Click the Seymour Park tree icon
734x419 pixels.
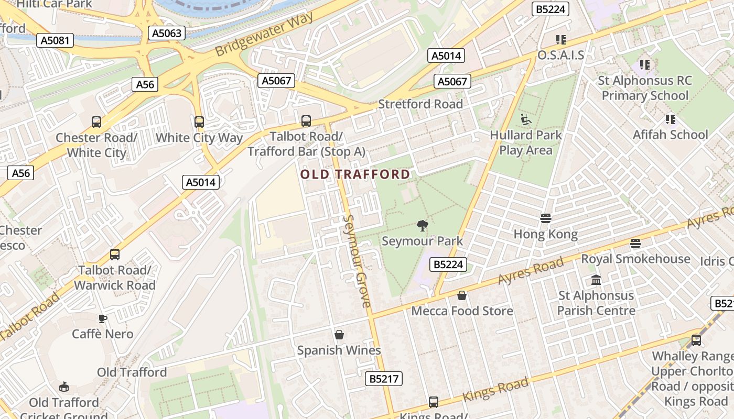[422, 226]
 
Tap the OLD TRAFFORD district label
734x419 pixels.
[355, 174]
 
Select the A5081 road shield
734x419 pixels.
[55, 40]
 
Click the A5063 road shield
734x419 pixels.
[167, 34]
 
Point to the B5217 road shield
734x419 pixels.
[383, 379]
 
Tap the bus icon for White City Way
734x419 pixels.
[199, 122]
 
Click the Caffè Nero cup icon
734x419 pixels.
[103, 318]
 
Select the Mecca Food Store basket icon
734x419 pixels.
[462, 296]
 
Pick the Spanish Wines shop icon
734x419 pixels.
[339, 335]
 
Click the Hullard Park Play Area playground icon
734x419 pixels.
[525, 119]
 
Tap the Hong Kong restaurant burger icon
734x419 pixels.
[546, 218]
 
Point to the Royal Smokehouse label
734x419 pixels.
[635, 259]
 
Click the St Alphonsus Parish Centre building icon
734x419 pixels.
[596, 280]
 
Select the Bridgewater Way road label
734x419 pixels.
[264, 35]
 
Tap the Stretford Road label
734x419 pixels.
[420, 104]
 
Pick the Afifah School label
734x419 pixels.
[670, 135]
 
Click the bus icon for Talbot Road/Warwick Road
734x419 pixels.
[115, 255]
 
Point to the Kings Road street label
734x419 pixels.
[495, 390]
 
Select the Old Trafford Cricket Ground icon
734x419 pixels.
[64, 387]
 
